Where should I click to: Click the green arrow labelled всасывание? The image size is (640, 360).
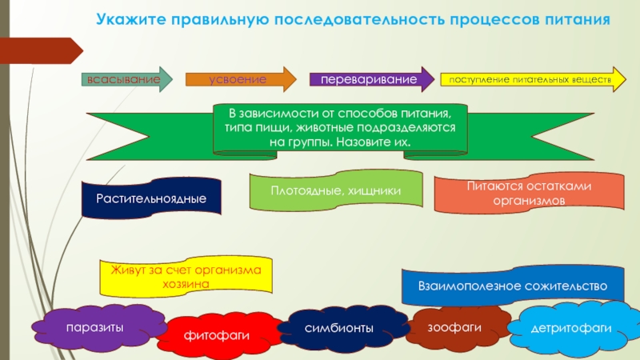coord(119,80)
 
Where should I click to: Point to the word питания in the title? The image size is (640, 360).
coord(573,18)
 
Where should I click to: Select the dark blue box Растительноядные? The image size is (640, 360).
coord(151,198)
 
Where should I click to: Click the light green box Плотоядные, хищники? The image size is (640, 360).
coord(335,192)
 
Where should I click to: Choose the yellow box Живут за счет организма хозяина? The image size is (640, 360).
coord(186,276)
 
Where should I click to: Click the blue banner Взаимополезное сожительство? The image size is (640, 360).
coord(514,286)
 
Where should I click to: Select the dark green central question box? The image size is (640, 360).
coord(340,128)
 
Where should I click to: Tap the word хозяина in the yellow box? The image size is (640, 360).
coord(185,283)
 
